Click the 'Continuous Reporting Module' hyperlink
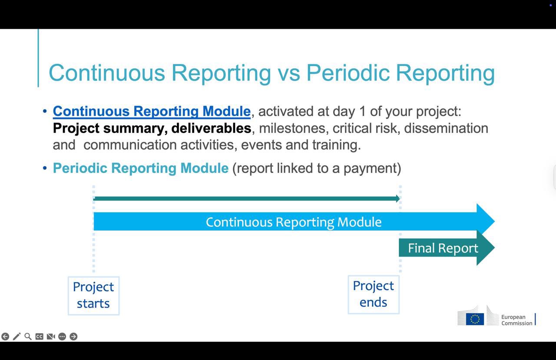tap(152, 111)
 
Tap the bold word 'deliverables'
tap(211, 128)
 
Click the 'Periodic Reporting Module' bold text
tap(140, 168)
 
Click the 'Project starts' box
tap(93, 295)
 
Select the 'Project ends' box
tap(374, 294)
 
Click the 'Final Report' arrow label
tap(443, 248)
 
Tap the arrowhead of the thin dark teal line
tap(398, 198)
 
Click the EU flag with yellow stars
tap(475, 319)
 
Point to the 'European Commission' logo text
tap(516, 320)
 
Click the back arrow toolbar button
tap(5, 337)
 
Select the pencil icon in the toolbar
tap(17, 337)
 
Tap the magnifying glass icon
tap(28, 337)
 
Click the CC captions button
tap(40, 337)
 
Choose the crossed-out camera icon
tap(51, 337)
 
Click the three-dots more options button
tap(62, 337)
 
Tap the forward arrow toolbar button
tap(73, 337)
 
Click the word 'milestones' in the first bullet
tap(292, 128)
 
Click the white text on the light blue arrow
tap(294, 222)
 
